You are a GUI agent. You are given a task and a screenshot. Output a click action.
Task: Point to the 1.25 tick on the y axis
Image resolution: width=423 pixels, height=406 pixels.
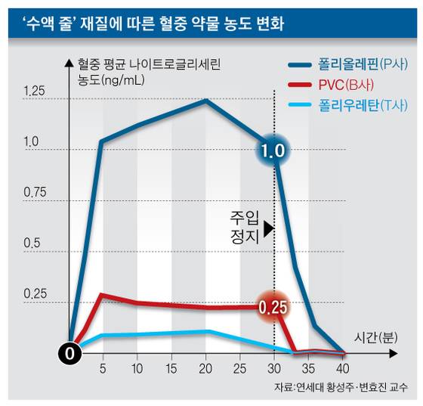point(34,92)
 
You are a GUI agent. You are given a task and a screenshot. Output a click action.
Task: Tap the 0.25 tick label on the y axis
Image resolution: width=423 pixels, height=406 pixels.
point(34,294)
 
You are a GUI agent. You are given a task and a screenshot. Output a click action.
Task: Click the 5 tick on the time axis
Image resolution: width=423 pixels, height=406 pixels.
point(101,367)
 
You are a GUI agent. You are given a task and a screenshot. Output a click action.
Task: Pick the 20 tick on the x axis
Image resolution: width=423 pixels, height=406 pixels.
point(205,367)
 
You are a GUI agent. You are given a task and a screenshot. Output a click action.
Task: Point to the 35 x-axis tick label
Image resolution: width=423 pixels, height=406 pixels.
point(308,367)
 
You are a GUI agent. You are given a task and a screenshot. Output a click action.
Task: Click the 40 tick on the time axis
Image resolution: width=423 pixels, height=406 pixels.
point(343,367)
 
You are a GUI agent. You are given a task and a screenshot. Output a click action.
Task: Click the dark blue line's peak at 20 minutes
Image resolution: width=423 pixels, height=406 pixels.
point(205,100)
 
